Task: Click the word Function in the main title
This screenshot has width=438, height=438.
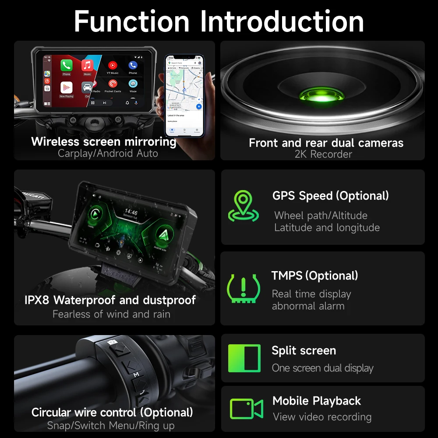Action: (131, 21)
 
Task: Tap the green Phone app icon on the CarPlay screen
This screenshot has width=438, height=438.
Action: (66, 66)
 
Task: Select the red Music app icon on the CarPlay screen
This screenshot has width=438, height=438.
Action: (87, 66)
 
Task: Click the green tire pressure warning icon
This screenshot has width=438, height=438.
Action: (244, 288)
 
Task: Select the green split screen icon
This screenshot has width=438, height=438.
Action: (244, 358)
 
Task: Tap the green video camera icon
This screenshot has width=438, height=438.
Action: (246, 409)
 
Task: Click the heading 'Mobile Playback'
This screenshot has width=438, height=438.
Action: (316, 401)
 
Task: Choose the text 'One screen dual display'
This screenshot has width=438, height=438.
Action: (322, 368)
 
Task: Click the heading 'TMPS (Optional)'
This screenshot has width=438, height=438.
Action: (314, 276)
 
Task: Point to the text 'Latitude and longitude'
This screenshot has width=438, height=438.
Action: (327, 228)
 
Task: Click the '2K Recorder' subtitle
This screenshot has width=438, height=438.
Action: (323, 154)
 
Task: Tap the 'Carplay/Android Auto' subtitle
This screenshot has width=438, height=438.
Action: (108, 153)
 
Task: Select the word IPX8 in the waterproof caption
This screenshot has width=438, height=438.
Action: (37, 300)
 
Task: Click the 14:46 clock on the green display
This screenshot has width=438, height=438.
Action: (131, 212)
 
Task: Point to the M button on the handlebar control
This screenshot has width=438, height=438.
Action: (136, 374)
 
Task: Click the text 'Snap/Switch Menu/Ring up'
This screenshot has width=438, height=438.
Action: (111, 425)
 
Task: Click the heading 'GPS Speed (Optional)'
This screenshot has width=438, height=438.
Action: (330, 196)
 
